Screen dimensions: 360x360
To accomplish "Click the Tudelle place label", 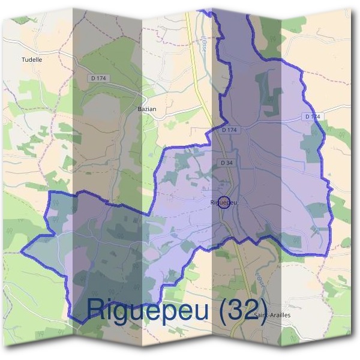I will (x=32, y=60).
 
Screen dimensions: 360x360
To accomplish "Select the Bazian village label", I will (x=147, y=109).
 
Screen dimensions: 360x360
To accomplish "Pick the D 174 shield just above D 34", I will (x=229, y=130).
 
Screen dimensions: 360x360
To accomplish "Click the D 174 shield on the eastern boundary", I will (x=313, y=116).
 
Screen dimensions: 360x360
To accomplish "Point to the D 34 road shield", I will (x=226, y=163).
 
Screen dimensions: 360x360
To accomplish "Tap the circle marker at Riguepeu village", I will (x=224, y=202).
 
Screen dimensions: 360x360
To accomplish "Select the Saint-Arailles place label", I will (x=271, y=315).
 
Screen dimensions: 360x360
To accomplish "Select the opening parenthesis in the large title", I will (x=222, y=309).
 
